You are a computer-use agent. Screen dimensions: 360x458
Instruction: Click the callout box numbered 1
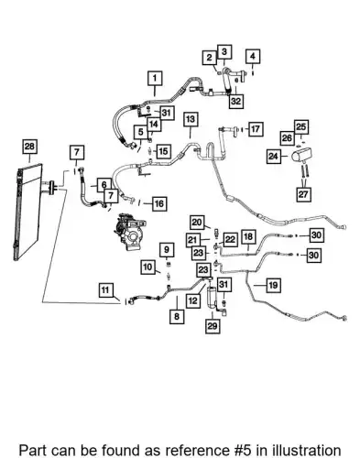pos(155,79)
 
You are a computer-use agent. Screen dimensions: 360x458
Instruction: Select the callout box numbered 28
pos(29,147)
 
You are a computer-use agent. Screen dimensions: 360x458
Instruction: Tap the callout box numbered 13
pos(191,119)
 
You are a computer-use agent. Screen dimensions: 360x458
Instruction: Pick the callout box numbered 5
pos(141,133)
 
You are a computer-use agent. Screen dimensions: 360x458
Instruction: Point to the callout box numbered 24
pos(273,157)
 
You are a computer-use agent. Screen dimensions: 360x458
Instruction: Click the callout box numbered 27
pos(303,194)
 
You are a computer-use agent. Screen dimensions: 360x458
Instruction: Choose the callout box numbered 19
pos(273,286)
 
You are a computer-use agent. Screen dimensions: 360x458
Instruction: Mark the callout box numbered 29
pos(213,326)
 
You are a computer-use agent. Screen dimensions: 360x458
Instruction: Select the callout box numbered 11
pos(105,290)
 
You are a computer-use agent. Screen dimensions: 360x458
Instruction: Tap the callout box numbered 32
pos(236,101)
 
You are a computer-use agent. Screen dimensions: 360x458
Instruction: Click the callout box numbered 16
pos(159,203)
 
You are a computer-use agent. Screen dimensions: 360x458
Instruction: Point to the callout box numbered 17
pos(256,129)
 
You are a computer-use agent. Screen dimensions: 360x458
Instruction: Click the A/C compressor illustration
pos(130,232)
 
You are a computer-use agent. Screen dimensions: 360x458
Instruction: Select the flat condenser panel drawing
pos(28,213)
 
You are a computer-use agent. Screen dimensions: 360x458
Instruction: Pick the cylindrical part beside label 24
pos(301,155)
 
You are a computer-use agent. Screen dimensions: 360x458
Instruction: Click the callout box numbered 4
pos(253,57)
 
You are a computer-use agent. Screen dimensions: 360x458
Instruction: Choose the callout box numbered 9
pos(167,250)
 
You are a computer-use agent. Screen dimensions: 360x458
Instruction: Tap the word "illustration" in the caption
pos(307,450)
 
